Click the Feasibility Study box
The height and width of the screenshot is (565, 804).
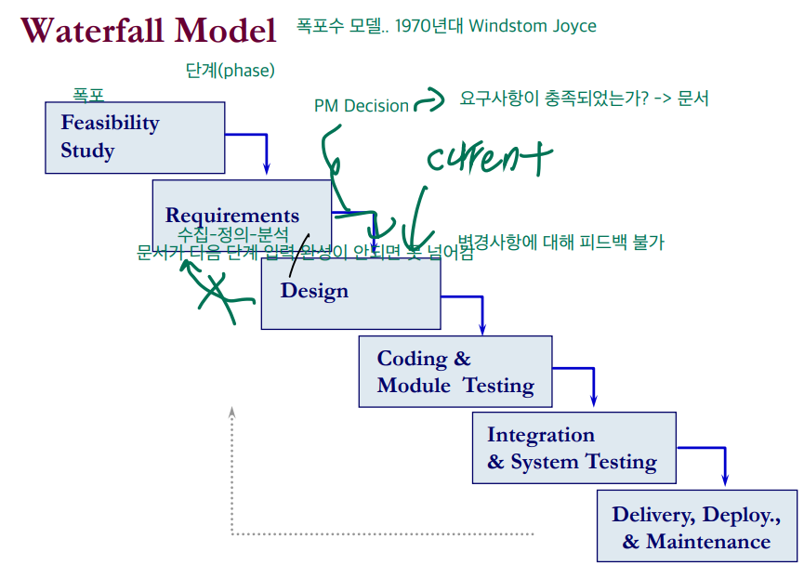[x=135, y=137]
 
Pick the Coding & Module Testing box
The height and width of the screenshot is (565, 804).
[x=455, y=372]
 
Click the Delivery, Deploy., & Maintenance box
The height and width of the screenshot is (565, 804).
[x=696, y=527]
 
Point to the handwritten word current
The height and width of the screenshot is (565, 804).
[x=489, y=158]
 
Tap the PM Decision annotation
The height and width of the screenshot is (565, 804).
[x=361, y=106]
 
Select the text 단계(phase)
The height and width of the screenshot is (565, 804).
[x=231, y=70]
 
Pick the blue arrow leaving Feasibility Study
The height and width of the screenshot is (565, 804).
[x=267, y=153]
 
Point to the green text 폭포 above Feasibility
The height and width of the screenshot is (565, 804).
[x=88, y=94]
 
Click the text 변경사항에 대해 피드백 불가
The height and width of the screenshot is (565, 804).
[x=560, y=243]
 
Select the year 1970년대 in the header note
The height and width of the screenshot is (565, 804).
[x=428, y=26]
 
